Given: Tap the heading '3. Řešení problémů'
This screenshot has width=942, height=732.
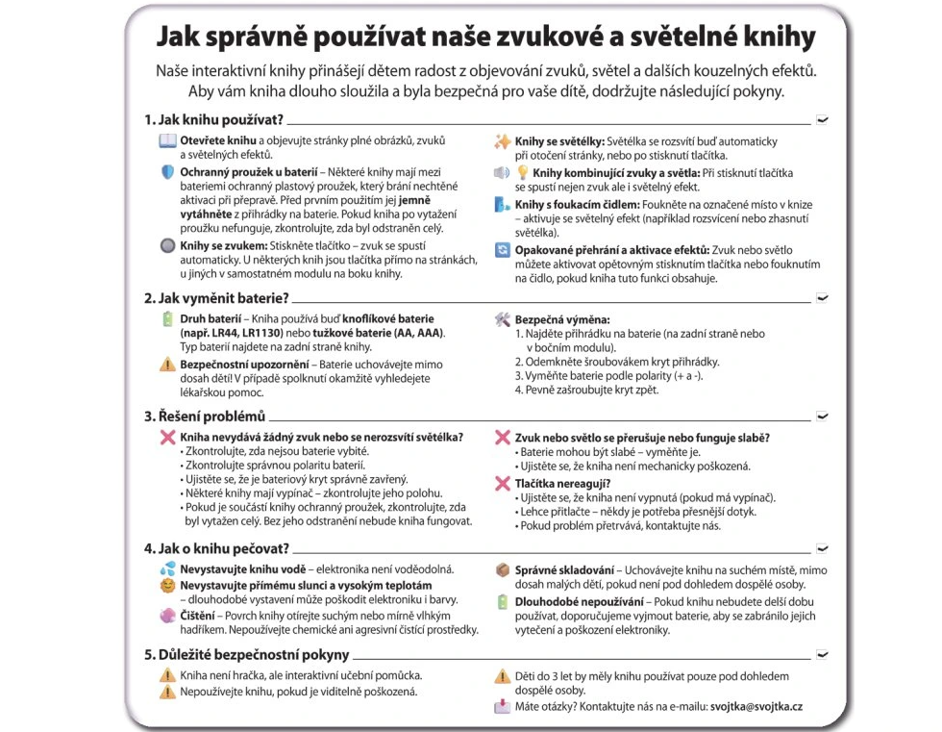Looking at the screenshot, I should [204, 416].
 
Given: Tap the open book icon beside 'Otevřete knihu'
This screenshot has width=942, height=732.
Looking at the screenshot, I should [167, 141].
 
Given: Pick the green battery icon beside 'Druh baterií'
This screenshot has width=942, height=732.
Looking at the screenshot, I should [167, 319].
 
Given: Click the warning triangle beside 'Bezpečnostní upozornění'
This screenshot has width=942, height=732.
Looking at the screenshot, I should [167, 365].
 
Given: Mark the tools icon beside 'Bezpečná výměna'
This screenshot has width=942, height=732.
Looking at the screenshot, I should [502, 319].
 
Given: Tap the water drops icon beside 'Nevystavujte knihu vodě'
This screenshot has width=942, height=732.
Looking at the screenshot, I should [167, 569].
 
